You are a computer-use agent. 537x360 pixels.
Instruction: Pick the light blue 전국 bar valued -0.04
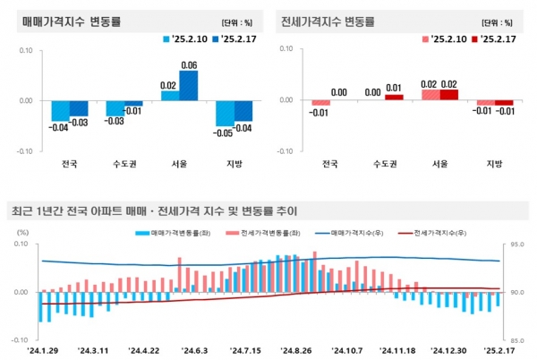[60, 110]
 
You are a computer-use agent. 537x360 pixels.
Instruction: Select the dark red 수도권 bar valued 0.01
[394, 97]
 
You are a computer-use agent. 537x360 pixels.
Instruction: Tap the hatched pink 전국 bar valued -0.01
[321, 103]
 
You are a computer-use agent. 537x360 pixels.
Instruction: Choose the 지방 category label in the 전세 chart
[494, 164]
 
